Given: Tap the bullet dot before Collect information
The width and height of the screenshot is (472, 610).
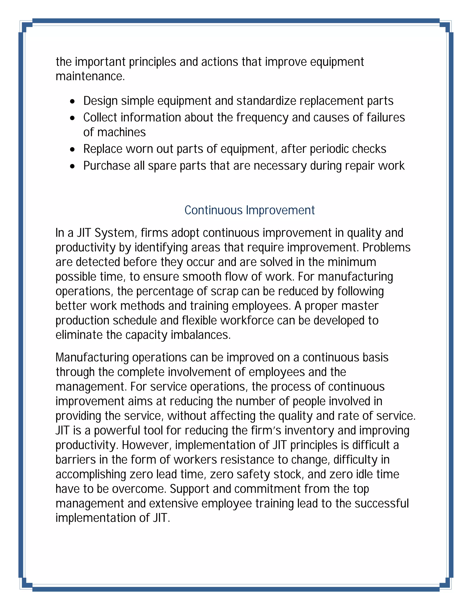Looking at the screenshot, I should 73,118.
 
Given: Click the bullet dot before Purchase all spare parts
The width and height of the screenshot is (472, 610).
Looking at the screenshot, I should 73,166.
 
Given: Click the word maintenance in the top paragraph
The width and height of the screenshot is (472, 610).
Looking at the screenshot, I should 90,76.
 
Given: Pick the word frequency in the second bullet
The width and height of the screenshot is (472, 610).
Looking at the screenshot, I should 262,118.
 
